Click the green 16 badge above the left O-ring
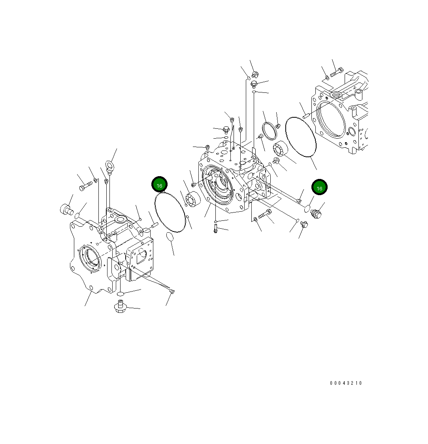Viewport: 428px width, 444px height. (x=160, y=185)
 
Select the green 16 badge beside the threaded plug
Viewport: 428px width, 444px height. (x=319, y=188)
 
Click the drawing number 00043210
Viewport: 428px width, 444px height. (x=346, y=383)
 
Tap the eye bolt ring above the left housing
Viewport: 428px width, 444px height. (x=110, y=165)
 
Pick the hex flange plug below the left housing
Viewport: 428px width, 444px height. (x=120, y=307)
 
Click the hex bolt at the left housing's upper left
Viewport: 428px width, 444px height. (x=84, y=187)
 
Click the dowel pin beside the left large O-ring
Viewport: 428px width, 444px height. (x=154, y=226)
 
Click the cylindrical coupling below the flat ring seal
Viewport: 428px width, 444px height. (x=280, y=148)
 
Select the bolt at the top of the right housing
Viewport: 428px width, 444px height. (x=336, y=73)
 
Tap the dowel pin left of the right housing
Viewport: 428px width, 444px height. (x=306, y=116)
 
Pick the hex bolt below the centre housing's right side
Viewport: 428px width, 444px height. (x=265, y=215)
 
